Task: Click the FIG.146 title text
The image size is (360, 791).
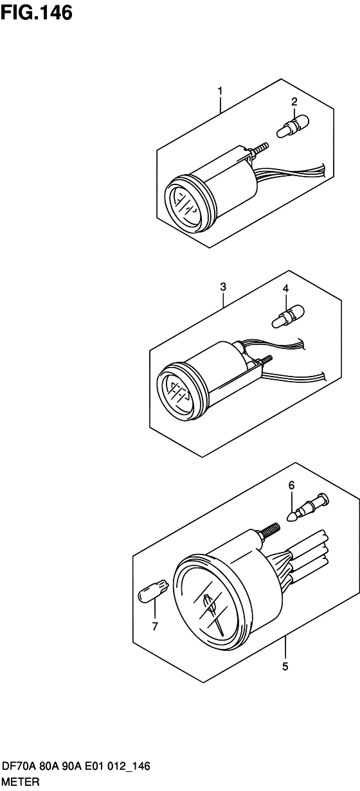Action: [x=36, y=13]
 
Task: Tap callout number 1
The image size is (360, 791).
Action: [x=220, y=91]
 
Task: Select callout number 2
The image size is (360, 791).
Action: [x=294, y=102]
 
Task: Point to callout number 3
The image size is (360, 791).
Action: [x=223, y=287]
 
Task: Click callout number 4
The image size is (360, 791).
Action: [x=285, y=289]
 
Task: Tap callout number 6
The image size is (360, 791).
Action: [x=291, y=486]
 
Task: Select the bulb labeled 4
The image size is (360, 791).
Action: [x=288, y=317]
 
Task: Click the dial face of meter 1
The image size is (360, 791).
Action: [x=184, y=206]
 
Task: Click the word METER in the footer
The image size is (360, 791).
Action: [x=21, y=781]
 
